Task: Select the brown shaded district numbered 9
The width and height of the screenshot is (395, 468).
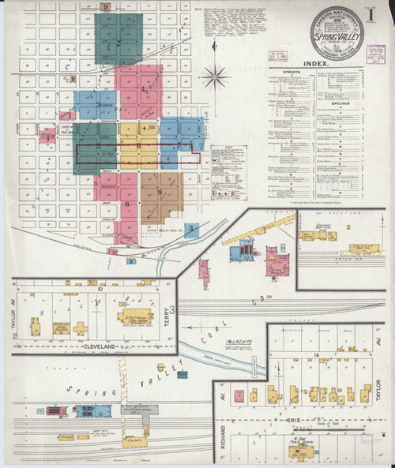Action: [x=161, y=193]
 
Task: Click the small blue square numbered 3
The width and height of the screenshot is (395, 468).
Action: [x=192, y=230]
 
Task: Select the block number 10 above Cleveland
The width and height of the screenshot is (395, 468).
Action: [x=100, y=290]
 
